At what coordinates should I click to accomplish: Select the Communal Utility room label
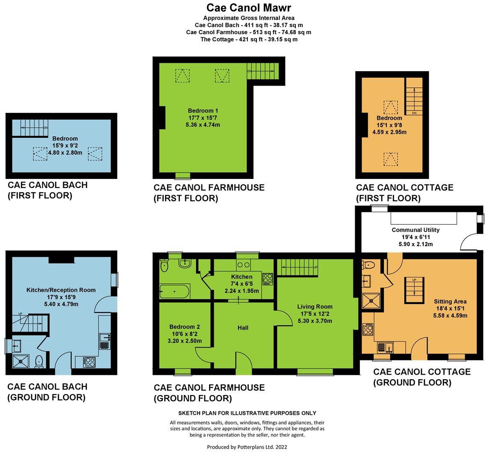coord(415,230)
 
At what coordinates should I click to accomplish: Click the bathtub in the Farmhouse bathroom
coord(174,292)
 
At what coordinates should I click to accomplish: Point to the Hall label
coord(243,328)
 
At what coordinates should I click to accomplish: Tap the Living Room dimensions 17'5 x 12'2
coord(315,314)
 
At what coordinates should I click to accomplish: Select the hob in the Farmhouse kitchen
coord(267,279)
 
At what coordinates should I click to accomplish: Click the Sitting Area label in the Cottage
coord(450,301)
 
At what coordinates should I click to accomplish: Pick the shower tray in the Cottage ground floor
coord(368,301)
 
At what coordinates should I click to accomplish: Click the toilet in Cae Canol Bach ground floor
coord(39,362)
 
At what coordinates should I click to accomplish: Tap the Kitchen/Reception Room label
coord(61,290)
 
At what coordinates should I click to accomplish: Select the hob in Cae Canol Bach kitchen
coord(89,362)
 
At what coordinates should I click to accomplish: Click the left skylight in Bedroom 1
coord(182,76)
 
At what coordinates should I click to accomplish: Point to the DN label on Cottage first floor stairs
coord(414,113)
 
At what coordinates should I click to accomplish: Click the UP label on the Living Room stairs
coord(315,268)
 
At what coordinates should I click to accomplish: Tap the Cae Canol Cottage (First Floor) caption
coord(404,193)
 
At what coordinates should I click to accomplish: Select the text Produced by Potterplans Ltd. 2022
coord(247,447)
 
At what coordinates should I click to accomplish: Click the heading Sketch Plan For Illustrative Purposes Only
coord(247,413)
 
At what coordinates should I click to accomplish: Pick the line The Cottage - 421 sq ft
coord(249,39)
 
